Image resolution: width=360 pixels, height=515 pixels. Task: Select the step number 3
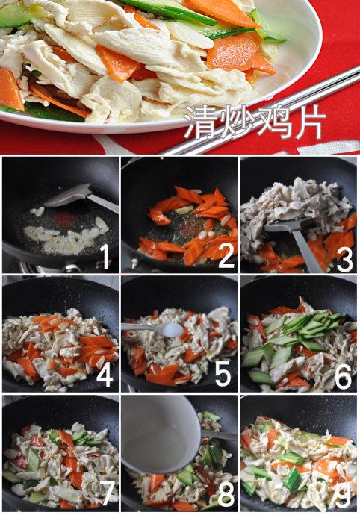pyautogui.click(x=344, y=257)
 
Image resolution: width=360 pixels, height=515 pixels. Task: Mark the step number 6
pyautogui.click(x=344, y=376)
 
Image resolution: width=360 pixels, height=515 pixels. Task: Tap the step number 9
pyautogui.click(x=344, y=495)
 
